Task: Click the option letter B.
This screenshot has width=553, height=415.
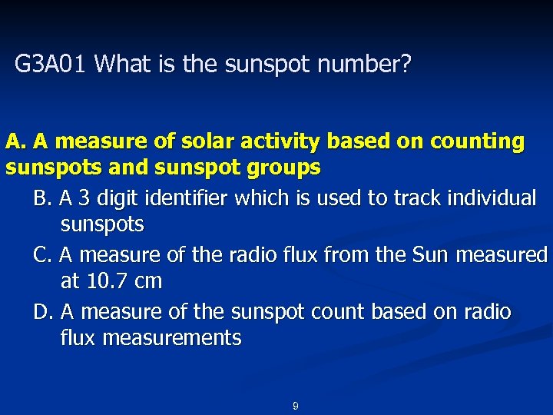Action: click(x=43, y=199)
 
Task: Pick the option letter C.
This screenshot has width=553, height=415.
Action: click(x=43, y=255)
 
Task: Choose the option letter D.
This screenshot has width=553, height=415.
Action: click(x=44, y=312)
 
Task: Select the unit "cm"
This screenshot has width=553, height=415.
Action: click(x=147, y=281)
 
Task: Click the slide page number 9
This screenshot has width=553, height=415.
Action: click(x=295, y=406)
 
